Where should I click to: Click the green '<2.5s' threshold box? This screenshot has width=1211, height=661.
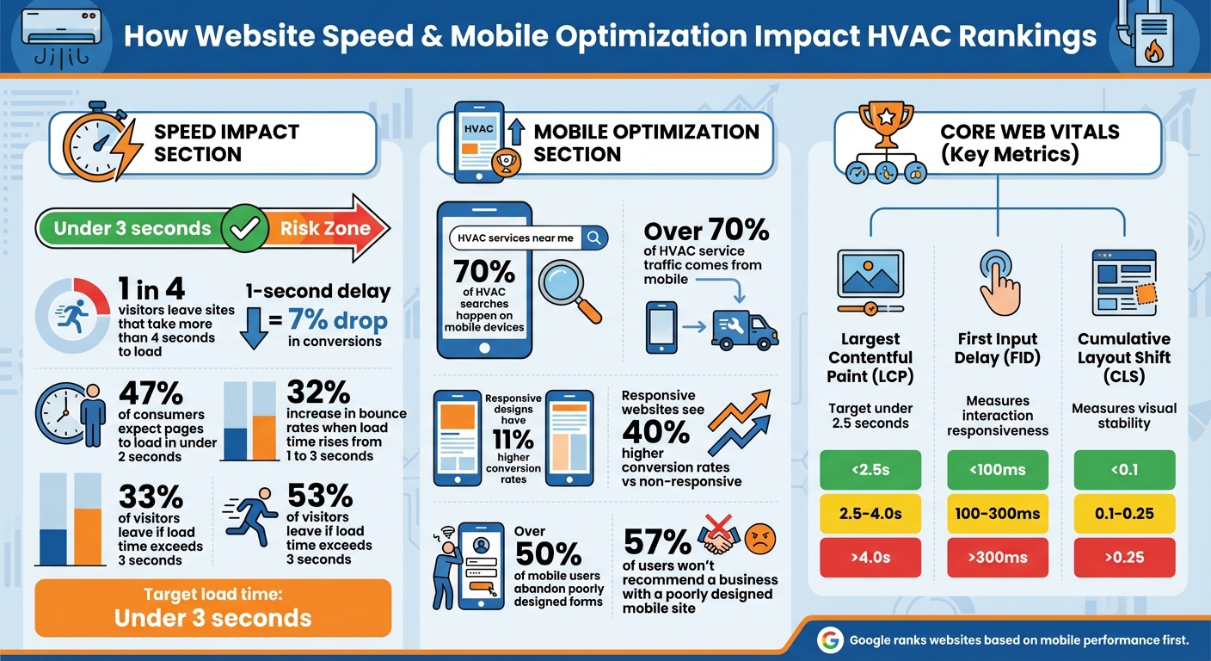tap(870, 469)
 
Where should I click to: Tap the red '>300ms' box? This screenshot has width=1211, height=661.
tap(998, 557)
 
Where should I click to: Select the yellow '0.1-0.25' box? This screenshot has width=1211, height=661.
tap(1124, 514)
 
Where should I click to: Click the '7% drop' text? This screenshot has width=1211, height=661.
tap(338, 321)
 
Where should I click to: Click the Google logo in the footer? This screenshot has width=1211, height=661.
tap(830, 639)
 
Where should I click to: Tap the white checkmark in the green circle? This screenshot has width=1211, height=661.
tap(243, 228)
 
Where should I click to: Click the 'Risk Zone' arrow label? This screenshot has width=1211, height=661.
tap(325, 228)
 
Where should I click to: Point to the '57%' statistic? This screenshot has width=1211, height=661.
tap(657, 542)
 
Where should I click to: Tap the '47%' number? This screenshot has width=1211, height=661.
tap(151, 392)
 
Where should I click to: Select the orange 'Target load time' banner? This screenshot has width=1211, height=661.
tap(212, 608)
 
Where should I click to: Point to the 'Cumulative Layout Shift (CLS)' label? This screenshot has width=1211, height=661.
tap(1124, 357)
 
